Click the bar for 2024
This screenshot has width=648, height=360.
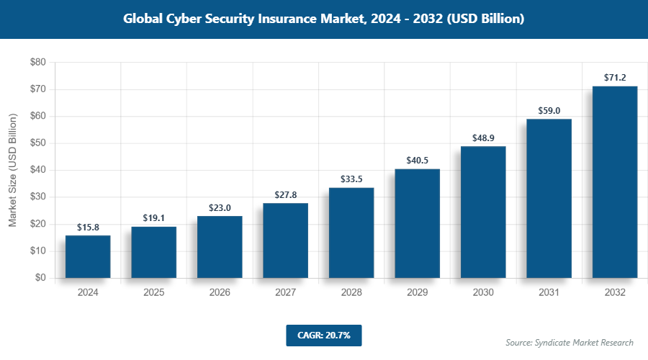click(88, 256)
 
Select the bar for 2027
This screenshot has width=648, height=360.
click(285, 240)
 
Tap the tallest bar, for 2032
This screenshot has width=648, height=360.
click(615, 182)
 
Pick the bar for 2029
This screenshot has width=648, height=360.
click(417, 223)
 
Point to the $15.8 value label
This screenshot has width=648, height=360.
click(88, 227)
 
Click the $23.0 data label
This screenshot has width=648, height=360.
click(220, 207)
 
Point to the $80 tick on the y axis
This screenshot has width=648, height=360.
click(37, 63)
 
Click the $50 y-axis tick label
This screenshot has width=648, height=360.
click(37, 143)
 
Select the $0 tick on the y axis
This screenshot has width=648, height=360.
click(40, 278)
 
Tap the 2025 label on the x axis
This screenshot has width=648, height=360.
click(153, 293)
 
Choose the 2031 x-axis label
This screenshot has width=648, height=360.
click(549, 293)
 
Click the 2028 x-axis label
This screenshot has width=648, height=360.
click(351, 293)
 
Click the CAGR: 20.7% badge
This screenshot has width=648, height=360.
click(323, 335)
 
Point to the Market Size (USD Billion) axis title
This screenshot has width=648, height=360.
click(12, 170)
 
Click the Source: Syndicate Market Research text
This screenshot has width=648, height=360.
click(569, 342)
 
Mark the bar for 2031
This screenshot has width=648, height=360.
click(549, 198)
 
